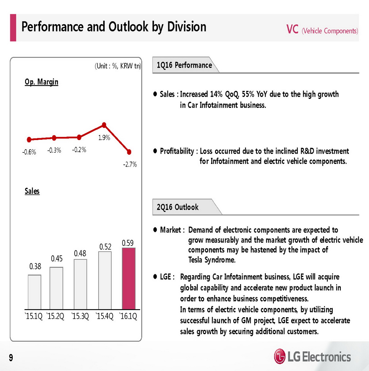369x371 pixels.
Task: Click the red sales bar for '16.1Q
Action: pos(129,279)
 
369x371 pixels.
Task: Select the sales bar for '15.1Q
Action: pos(34,292)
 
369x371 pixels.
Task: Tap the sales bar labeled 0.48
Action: pos(80,284)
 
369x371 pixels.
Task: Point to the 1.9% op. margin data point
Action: pos(104,125)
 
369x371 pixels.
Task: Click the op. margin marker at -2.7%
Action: pos(129,152)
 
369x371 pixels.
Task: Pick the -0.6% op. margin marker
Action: pos(29,140)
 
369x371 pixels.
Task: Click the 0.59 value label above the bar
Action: pos(128,243)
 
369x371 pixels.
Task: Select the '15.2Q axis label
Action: pos(55,316)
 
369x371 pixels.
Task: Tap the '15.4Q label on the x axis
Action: pos(104,316)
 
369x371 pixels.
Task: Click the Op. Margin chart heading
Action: pos(42,82)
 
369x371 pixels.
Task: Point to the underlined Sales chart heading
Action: pos(32,191)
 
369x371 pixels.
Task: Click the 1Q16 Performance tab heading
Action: pos(184,65)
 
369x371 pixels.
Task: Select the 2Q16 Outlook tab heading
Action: pos(178,207)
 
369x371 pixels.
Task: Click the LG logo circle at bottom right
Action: pos(279,356)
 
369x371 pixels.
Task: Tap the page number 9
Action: pos(11,358)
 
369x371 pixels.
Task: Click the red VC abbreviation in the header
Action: pos(292,30)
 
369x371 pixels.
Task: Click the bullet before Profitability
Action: pos(155,151)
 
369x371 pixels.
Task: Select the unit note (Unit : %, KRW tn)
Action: pos(118,66)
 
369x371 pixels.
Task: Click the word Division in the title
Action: pos(187,27)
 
